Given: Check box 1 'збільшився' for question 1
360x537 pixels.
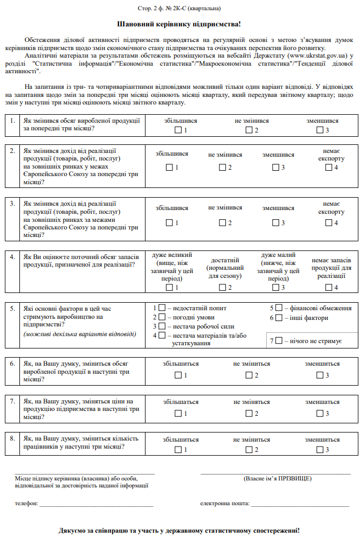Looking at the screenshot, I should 178,130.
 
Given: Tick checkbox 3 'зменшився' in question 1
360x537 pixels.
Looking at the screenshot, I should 320,130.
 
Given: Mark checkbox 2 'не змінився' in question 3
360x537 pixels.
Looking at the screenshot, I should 222,222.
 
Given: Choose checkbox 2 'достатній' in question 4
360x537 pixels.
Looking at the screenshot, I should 222,288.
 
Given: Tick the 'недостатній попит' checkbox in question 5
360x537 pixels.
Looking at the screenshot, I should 161,308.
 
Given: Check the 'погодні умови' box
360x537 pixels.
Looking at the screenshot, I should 161,317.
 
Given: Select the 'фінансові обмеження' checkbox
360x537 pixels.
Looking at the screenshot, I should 279,308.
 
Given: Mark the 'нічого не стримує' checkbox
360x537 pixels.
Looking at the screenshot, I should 279,341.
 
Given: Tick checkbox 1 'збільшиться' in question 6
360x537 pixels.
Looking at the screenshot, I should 178,375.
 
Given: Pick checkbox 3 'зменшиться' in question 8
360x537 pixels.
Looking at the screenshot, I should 320,449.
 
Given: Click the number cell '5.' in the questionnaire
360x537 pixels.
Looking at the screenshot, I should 12,308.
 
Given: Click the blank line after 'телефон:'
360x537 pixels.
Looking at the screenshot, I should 97,505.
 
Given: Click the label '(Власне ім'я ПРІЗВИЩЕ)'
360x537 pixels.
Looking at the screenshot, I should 278,478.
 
